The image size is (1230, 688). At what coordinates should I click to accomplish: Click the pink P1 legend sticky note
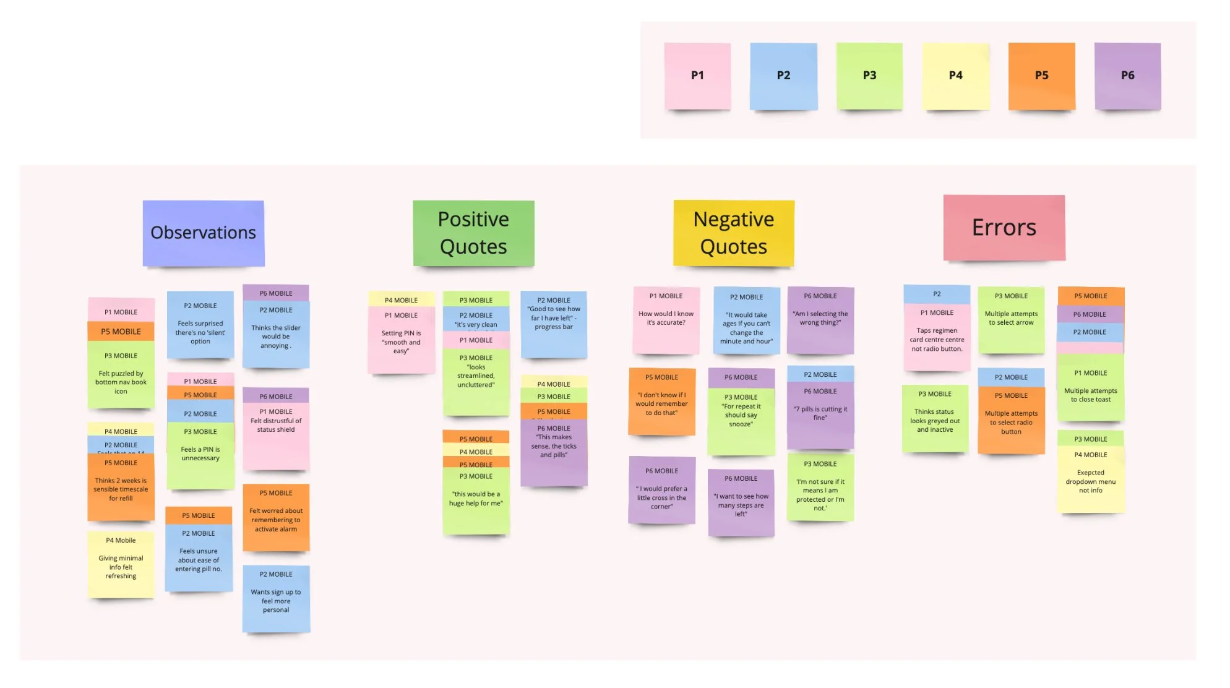tap(697, 76)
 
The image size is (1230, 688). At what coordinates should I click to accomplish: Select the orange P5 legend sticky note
tap(1041, 76)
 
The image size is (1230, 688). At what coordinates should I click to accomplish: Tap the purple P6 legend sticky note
tap(1127, 76)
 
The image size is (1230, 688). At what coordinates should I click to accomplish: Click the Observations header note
tap(204, 233)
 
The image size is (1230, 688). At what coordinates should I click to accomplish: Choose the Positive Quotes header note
tap(473, 233)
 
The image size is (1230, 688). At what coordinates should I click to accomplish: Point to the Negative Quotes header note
tap(734, 233)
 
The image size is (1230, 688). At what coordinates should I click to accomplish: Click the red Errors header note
tap(1004, 228)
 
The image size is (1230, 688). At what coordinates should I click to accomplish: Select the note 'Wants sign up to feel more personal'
tap(276, 600)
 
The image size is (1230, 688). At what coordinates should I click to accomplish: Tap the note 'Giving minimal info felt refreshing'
tap(121, 566)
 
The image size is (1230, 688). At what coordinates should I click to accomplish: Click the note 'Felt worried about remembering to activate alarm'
tap(276, 520)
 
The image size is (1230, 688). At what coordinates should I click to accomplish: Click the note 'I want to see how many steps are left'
tap(741, 505)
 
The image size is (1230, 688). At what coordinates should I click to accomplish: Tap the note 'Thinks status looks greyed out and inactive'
tap(935, 421)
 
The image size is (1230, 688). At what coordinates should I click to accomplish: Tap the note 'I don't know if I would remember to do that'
tap(661, 403)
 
